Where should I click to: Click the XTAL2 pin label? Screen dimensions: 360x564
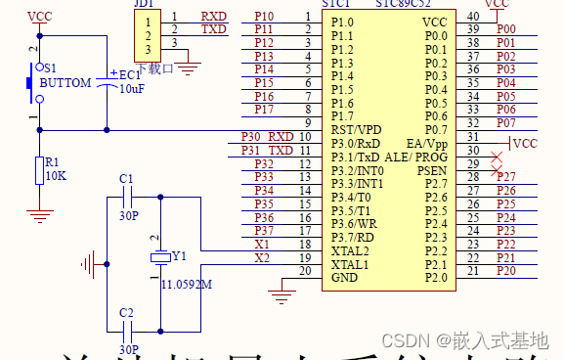(350, 250)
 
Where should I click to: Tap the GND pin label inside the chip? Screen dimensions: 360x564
(344, 278)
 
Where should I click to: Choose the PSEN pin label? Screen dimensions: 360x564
(432, 170)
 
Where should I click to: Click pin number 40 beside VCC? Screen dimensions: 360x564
(473, 16)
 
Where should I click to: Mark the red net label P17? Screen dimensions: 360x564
(264, 110)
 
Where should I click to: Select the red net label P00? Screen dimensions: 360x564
(505, 29)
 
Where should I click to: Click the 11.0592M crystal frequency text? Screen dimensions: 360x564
(189, 285)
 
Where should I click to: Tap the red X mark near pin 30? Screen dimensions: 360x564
(498, 157)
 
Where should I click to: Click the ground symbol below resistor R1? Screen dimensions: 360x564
(38, 213)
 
